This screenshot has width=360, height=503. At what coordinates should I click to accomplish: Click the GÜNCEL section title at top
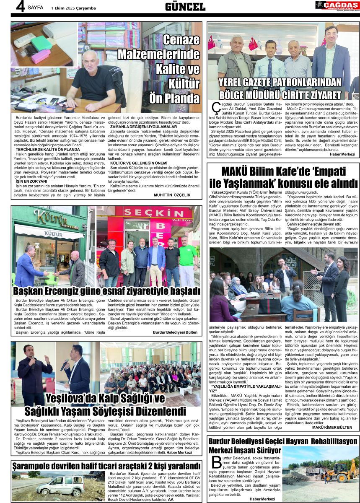pyautogui.click(x=185, y=7)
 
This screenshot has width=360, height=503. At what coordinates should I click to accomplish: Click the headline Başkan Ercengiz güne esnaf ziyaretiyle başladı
pyautogui.click(x=106, y=290)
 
